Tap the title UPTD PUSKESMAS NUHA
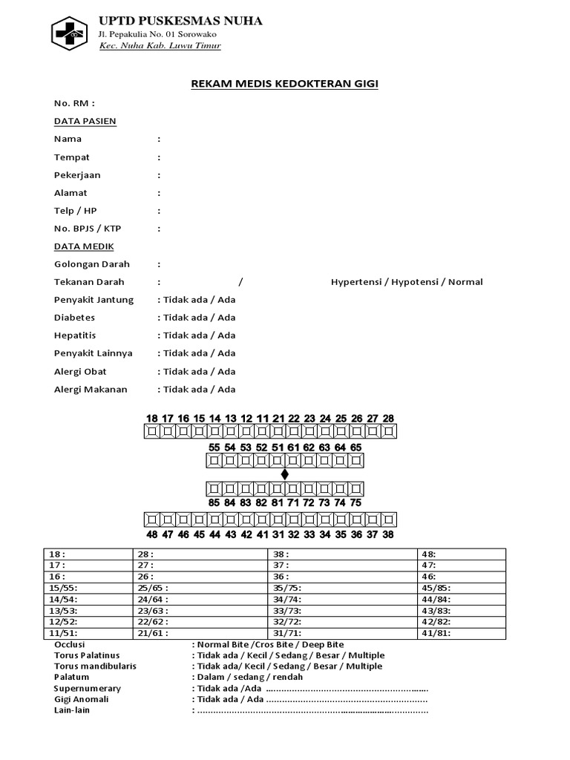coord(180,21)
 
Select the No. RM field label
coord(74,103)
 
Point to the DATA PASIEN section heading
coord(85,121)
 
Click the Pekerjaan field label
coord(77,175)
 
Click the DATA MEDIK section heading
coord(84,246)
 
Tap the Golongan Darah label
coord(92,264)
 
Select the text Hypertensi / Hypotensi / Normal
coord(407,282)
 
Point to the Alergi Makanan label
coord(91,389)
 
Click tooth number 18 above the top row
coord(152,419)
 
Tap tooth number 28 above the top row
coord(388,419)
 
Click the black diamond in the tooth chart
coord(284,474)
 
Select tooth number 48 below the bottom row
coord(152,534)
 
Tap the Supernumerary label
coord(88,689)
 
